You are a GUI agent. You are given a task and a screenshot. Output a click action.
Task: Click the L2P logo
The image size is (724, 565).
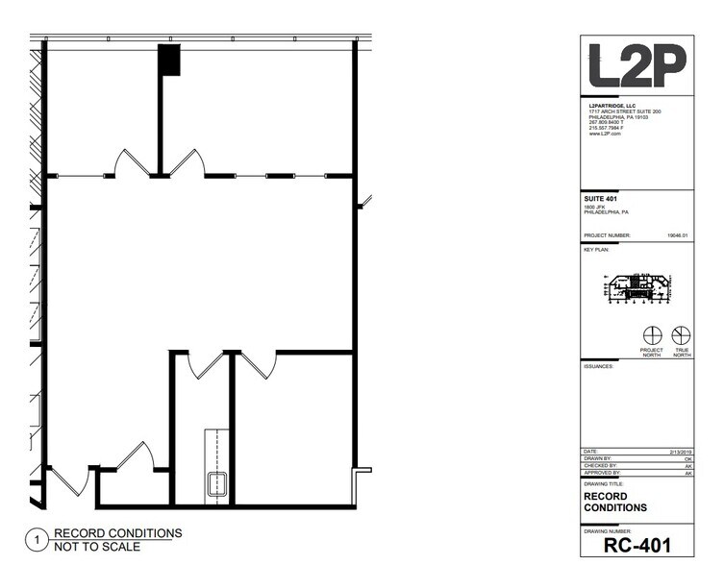637,67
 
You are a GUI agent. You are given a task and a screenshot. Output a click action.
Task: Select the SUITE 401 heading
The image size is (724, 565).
601,199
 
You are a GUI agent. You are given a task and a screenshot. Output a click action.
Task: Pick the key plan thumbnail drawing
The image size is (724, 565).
636,285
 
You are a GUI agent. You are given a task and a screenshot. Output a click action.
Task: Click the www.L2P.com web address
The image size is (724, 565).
605,135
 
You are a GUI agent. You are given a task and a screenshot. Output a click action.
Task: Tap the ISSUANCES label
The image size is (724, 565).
600,366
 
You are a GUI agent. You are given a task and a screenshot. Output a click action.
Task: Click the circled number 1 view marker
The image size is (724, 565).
37,541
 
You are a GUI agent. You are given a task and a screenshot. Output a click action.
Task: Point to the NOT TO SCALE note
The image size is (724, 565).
96,547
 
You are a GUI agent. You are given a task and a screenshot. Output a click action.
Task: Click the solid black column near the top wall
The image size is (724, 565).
169,60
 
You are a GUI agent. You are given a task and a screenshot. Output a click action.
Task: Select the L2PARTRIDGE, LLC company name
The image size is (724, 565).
612,106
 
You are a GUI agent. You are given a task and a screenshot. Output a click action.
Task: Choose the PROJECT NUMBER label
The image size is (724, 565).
608,234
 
